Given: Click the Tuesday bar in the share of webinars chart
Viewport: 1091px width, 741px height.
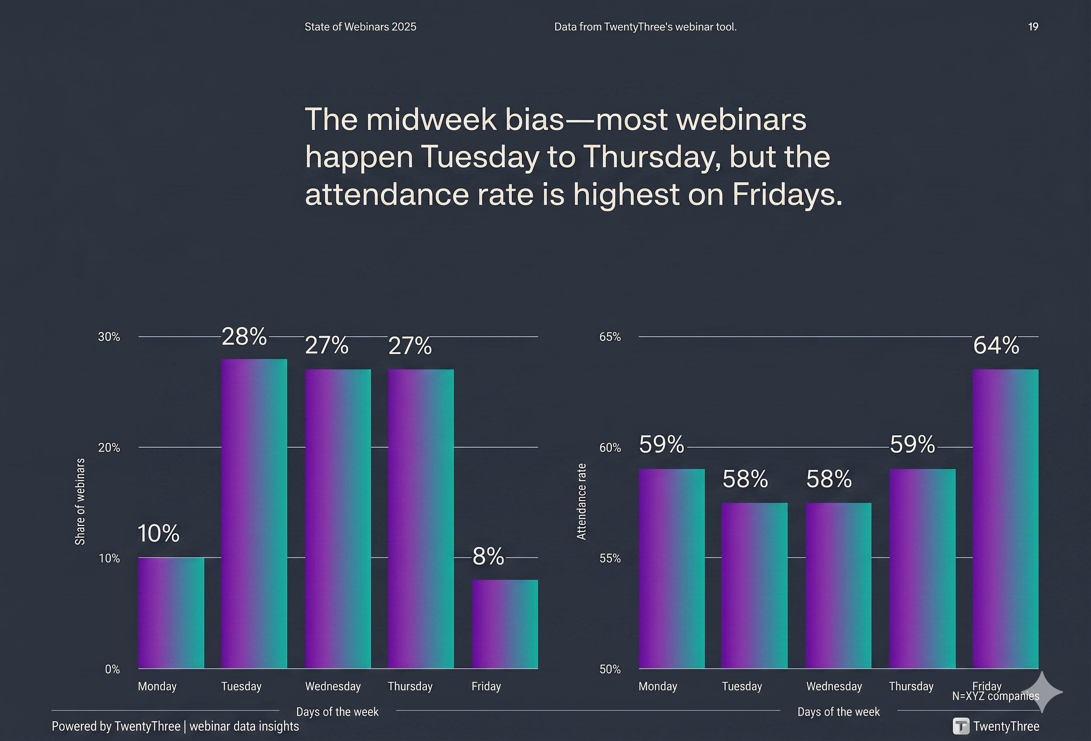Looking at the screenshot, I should [x=254, y=513].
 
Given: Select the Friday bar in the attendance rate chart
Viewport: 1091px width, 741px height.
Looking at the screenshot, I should [x=1005, y=518].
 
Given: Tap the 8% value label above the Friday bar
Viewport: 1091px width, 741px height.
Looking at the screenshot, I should [x=488, y=556].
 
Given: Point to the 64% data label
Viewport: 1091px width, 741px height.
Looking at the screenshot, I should [x=996, y=346].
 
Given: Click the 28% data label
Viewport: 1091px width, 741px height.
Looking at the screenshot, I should [x=244, y=337].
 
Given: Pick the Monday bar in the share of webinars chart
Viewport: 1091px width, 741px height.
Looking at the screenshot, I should [x=171, y=613].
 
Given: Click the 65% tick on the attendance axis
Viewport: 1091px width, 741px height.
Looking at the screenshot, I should [x=609, y=337].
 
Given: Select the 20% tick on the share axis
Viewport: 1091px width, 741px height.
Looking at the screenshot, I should [x=109, y=447].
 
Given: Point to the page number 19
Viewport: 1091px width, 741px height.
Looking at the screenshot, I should [x=1033, y=27].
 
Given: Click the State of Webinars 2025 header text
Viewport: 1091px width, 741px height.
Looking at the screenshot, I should [x=360, y=27].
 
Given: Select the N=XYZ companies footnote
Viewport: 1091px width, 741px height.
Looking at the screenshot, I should [x=995, y=696].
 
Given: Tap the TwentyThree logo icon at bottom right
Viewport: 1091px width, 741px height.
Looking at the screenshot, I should [x=961, y=726].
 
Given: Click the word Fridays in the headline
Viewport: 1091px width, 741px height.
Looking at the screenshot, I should [x=787, y=194].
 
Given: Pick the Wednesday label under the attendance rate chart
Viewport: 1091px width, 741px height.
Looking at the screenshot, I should [x=834, y=686].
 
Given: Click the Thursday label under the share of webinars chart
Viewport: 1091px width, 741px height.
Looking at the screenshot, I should [x=410, y=686].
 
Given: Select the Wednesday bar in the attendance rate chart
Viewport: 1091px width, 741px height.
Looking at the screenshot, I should [x=838, y=585].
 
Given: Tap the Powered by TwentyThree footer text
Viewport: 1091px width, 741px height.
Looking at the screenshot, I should [x=175, y=726].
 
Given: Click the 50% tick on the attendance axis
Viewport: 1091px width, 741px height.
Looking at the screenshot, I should [x=609, y=669].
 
